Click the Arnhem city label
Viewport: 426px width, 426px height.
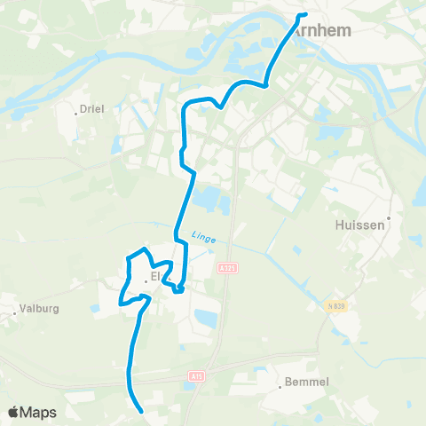point(322,30)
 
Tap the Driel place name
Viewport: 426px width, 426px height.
point(92,109)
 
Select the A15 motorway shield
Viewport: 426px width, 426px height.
point(195,376)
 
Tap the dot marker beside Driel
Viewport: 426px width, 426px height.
point(77,113)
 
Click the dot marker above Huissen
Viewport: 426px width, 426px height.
point(388,216)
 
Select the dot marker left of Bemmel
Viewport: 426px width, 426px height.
point(280,383)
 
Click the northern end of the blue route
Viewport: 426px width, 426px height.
point(304,15)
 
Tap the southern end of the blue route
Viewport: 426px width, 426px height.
point(142,410)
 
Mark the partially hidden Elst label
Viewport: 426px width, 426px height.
point(156,276)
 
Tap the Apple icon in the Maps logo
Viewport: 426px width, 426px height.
point(13,412)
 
